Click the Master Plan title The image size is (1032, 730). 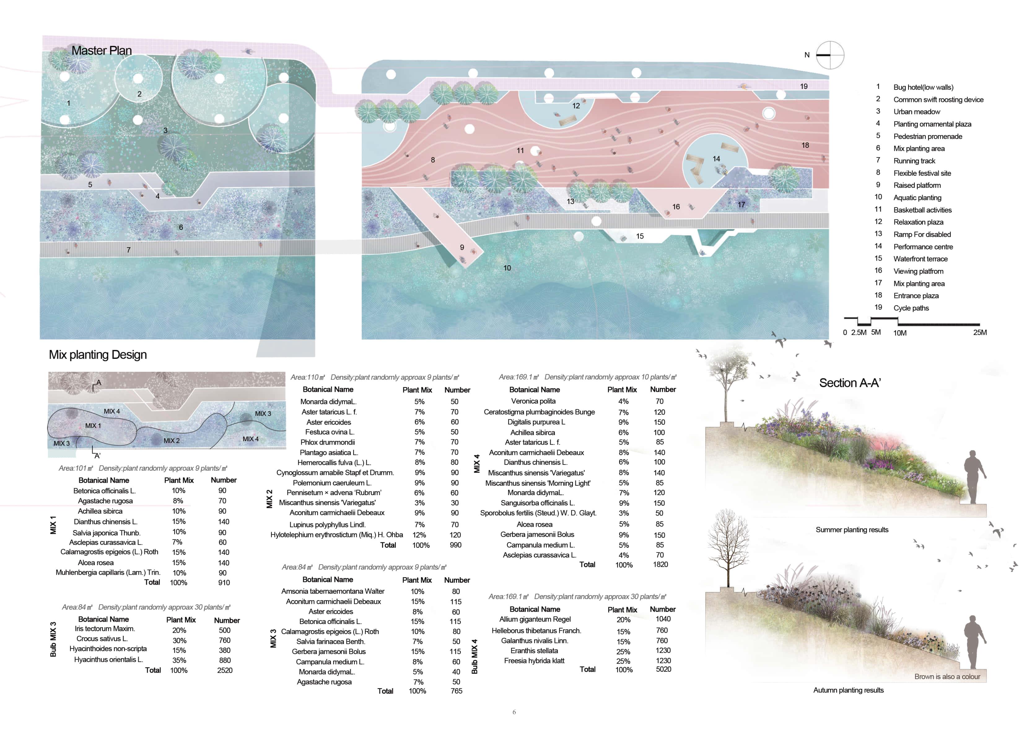click(102, 51)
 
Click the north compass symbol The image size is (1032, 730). click(830, 55)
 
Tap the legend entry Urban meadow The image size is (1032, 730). click(916, 112)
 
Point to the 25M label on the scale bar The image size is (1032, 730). click(980, 332)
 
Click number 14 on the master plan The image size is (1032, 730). click(716, 159)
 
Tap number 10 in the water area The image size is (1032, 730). click(507, 268)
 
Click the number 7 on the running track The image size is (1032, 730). click(129, 250)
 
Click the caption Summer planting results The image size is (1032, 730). click(852, 530)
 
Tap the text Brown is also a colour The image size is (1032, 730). click(947, 676)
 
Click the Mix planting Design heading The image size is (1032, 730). click(98, 354)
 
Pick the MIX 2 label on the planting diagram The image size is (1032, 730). click(171, 441)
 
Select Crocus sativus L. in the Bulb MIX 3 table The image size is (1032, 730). click(102, 639)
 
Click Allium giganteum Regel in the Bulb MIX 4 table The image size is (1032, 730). click(535, 619)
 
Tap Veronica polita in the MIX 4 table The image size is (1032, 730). click(533, 401)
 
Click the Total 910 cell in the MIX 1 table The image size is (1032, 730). click(224, 583)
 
